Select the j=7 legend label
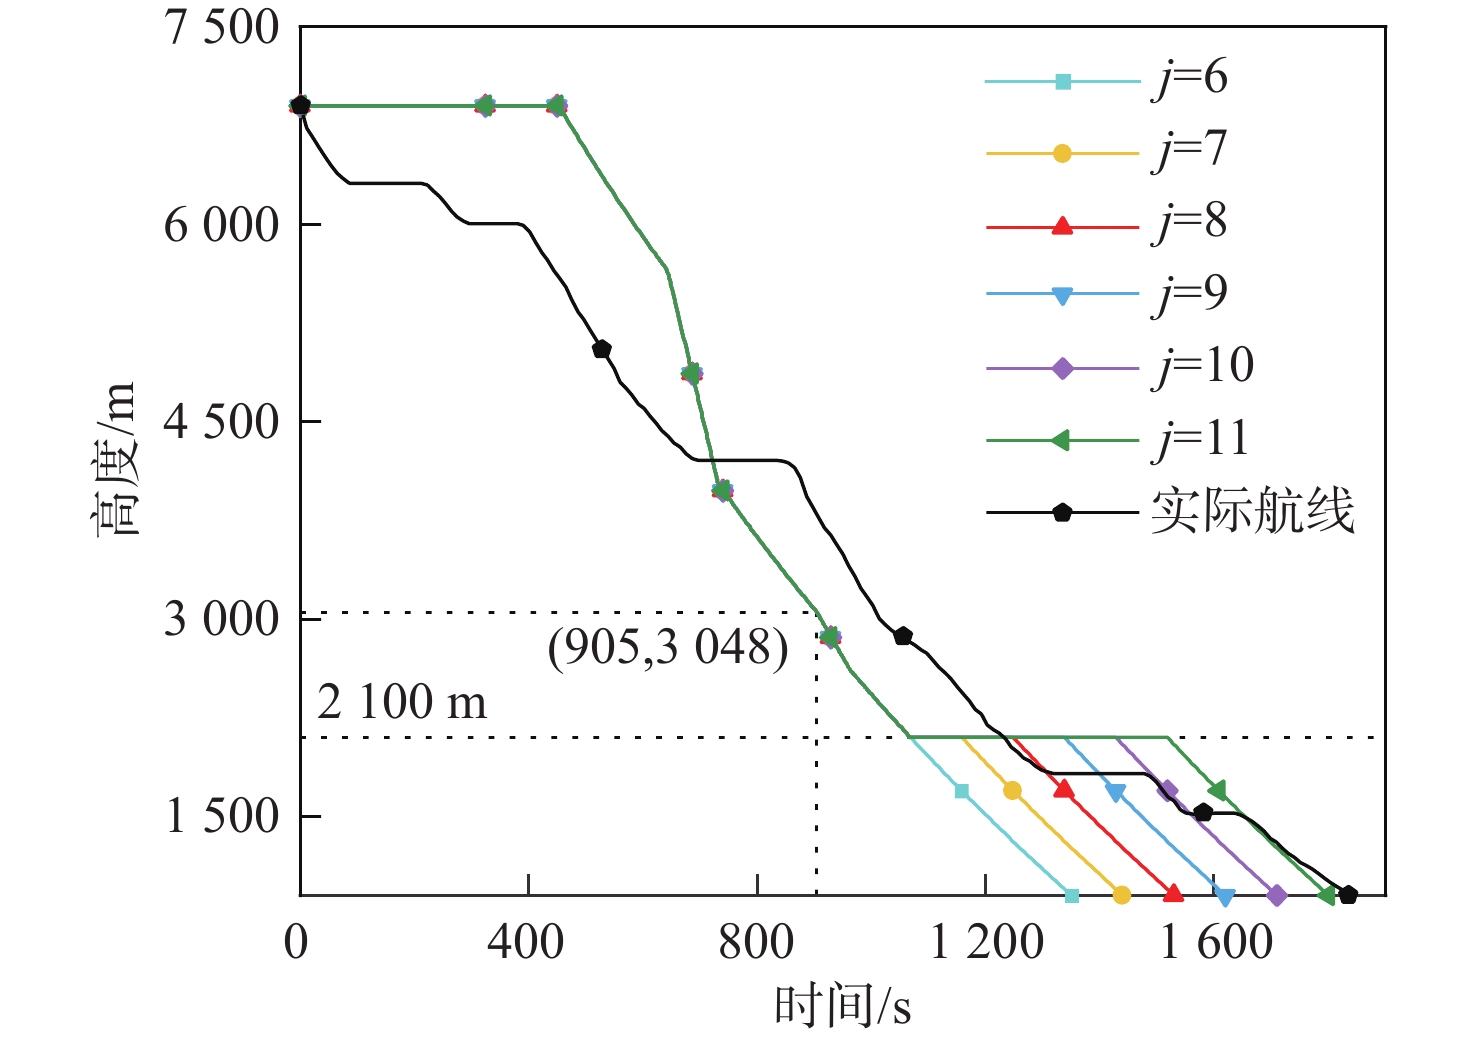1189,150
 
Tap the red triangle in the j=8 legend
1062,226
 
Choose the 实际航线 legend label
1252,511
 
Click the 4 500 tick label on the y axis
221,422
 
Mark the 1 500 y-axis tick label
221,816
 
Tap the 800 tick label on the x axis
757,942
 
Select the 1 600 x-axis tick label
1215,942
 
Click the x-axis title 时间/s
842,1005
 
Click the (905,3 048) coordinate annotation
668,648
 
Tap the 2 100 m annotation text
402,702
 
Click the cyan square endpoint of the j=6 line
1072,895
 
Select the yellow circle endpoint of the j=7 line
1121,895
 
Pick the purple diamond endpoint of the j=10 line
1276,895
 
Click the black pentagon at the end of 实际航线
1348,895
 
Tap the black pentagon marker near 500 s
601,349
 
